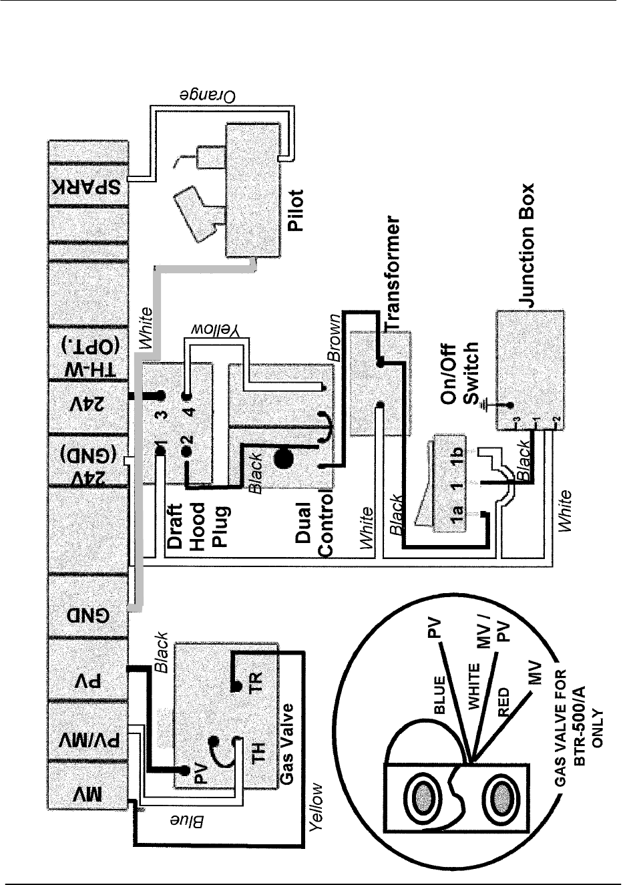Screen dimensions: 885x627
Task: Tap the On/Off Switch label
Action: tap(461, 375)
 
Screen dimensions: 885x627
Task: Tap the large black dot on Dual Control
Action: tap(283, 459)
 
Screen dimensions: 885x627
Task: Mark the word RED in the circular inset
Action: tap(505, 702)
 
